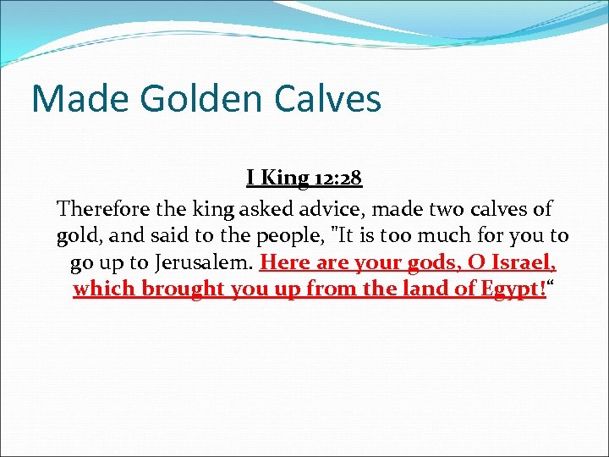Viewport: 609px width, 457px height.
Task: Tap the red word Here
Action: (285, 262)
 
